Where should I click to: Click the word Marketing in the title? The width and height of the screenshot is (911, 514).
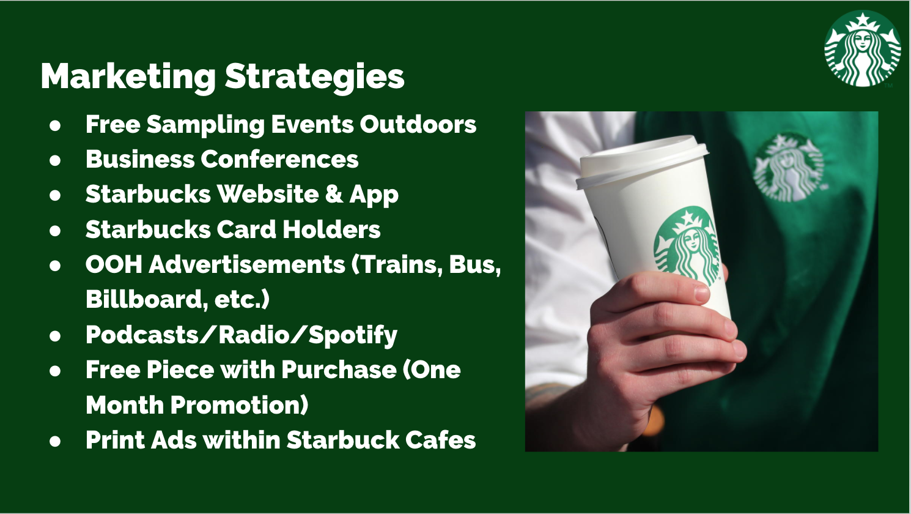[x=128, y=77]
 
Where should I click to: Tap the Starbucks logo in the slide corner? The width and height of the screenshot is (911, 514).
[x=862, y=48]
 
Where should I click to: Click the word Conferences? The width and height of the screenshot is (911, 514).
[x=279, y=158]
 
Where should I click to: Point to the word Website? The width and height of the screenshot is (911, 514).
[x=267, y=194]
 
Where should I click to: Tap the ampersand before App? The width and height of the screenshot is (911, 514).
[x=334, y=194]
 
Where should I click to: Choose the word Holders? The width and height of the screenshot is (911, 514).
[x=331, y=229]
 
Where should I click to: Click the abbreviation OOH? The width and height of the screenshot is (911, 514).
[x=114, y=264]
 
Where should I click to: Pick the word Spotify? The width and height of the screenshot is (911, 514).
[x=352, y=335]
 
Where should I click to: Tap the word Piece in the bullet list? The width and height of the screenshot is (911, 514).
[x=180, y=370]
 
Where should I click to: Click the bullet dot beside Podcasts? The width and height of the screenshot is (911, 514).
[x=55, y=336]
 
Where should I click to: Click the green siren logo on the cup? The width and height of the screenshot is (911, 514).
[x=687, y=246]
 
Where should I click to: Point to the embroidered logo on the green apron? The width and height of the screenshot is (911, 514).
[x=789, y=168]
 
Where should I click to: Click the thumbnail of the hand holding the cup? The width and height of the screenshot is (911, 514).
[x=701, y=281]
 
